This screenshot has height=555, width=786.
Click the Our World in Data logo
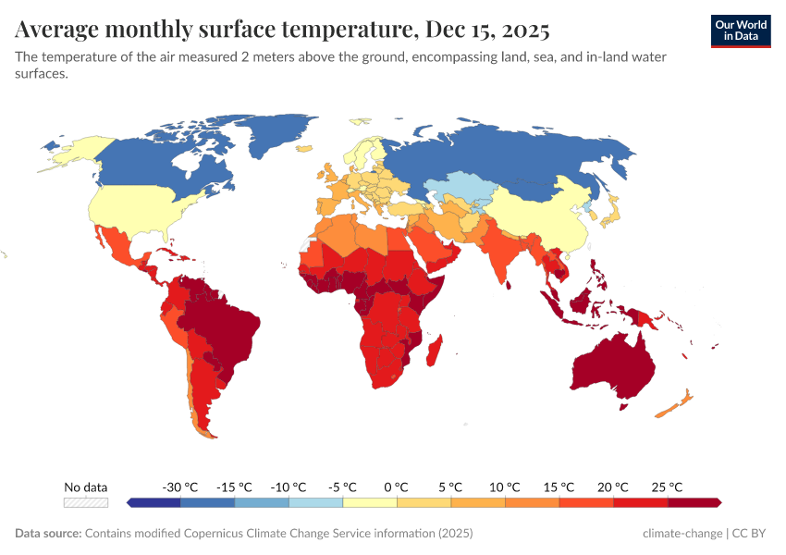740,31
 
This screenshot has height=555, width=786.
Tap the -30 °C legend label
180,487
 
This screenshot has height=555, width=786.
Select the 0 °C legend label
397,487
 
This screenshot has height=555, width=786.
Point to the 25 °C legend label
667,487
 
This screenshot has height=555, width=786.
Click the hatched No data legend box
86,502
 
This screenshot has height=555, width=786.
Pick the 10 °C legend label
505,487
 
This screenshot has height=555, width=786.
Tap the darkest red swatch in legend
694,502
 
